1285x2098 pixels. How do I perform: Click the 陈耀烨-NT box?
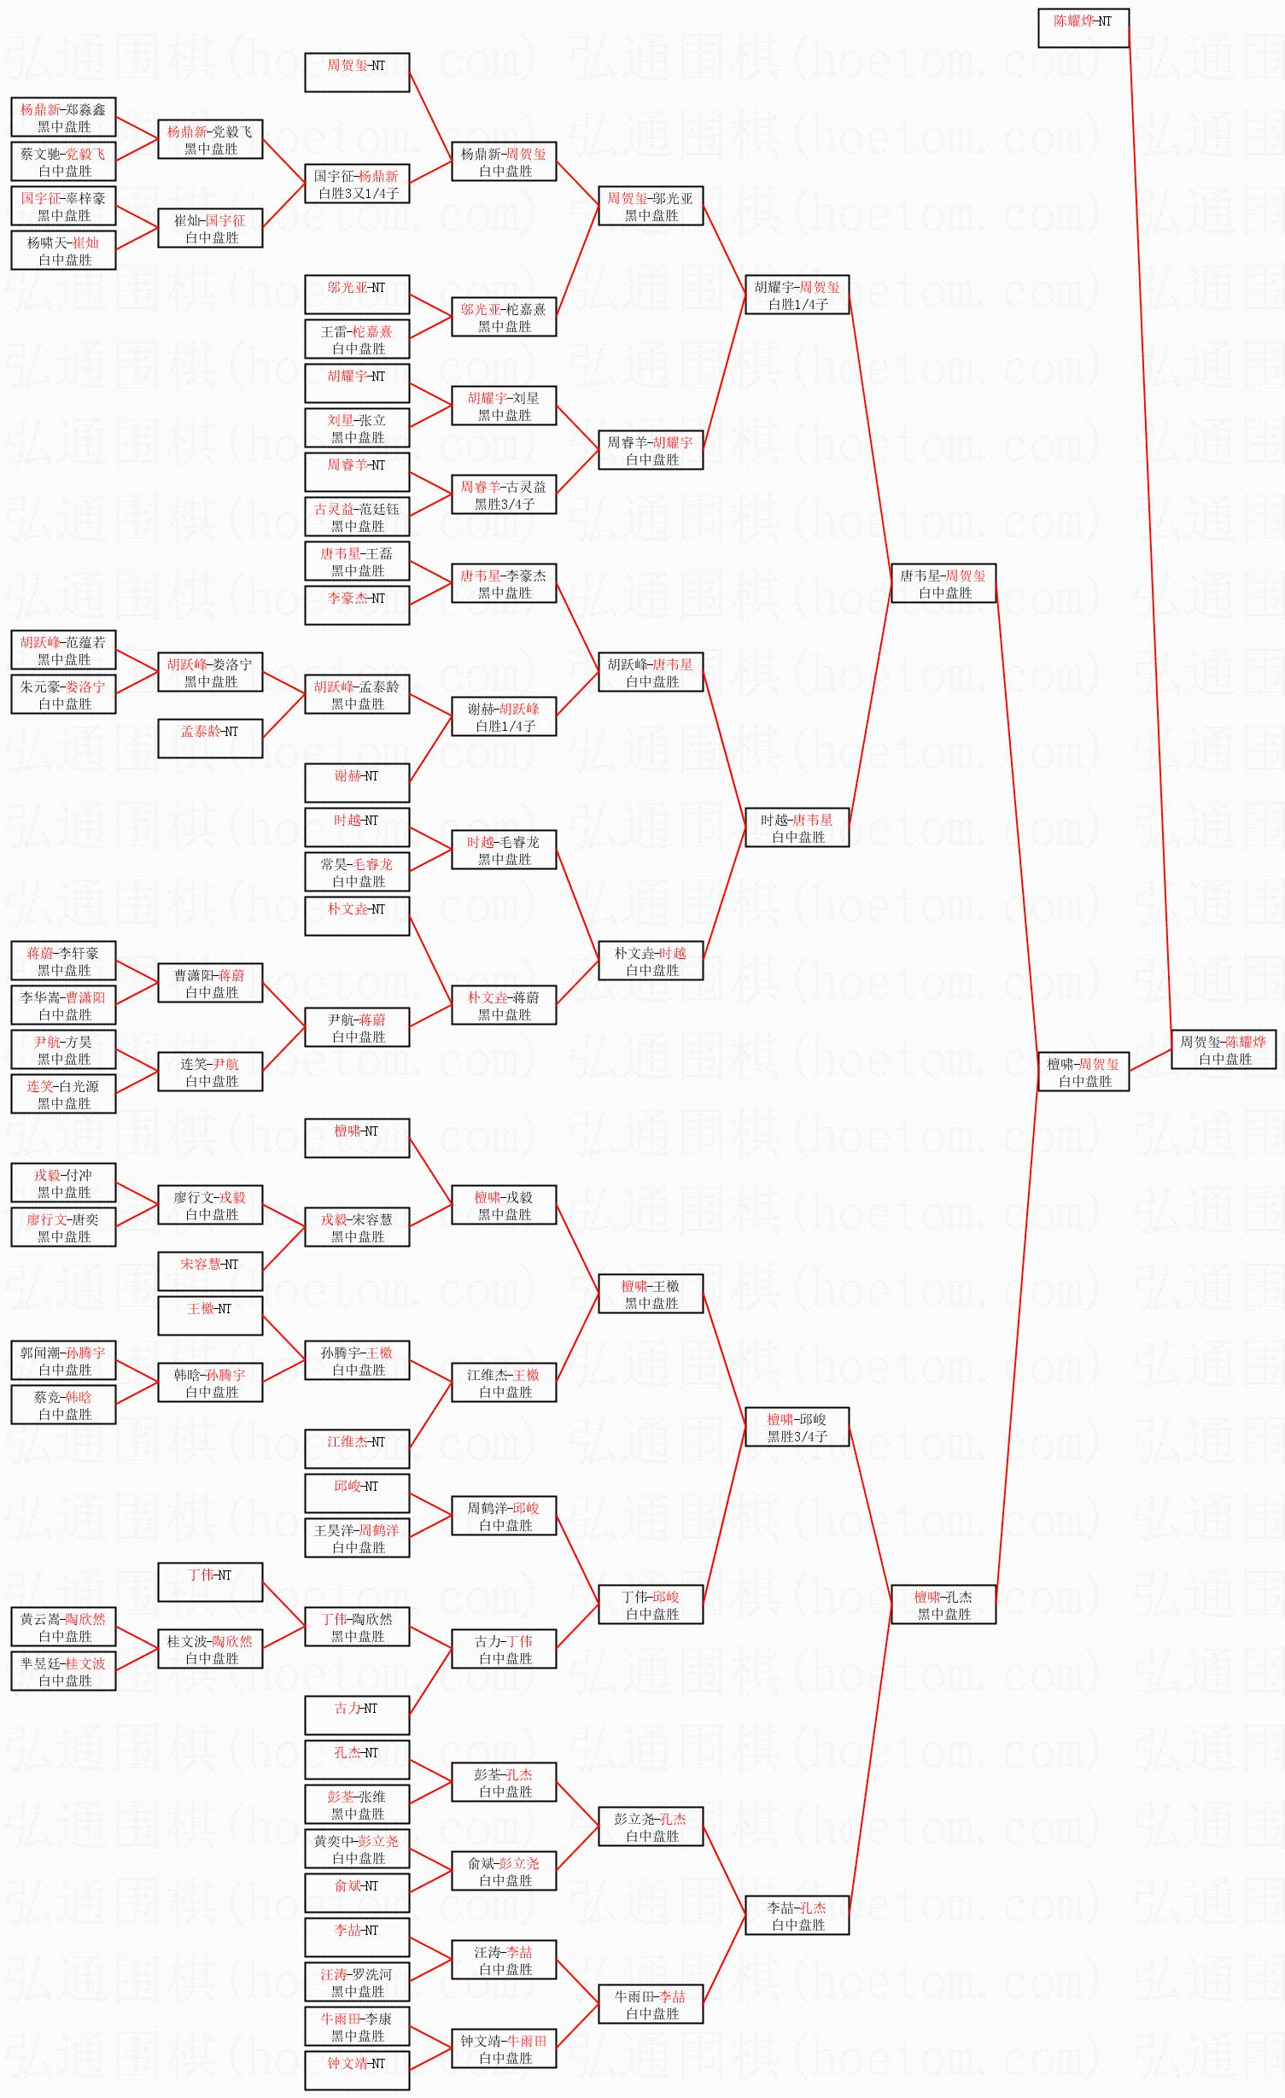1083,28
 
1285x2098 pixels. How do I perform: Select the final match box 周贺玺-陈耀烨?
1224,1049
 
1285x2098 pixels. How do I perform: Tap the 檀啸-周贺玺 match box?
1083,1072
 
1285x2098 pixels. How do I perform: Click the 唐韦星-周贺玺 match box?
943,583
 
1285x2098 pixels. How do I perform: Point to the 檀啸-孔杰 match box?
943,1604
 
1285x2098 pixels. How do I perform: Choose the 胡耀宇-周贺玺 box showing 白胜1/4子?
797,295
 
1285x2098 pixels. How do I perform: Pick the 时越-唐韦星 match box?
797,827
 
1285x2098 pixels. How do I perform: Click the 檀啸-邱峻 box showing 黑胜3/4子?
797,1427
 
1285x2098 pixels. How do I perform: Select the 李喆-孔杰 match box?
797,1915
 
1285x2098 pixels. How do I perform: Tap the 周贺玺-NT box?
357,73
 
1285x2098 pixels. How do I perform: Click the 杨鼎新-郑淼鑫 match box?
63,117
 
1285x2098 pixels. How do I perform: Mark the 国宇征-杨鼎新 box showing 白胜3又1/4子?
357,184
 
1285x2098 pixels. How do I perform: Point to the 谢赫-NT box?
357,783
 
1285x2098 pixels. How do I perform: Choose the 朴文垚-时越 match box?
651,961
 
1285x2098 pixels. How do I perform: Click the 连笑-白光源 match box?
63,1094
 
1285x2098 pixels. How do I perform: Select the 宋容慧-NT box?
210,1271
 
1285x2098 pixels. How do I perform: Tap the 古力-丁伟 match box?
504,1649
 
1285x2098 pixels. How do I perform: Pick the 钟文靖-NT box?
357,2071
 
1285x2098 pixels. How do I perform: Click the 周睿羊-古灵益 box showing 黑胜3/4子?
504,494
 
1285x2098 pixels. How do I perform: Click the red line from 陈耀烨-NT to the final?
1150,529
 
